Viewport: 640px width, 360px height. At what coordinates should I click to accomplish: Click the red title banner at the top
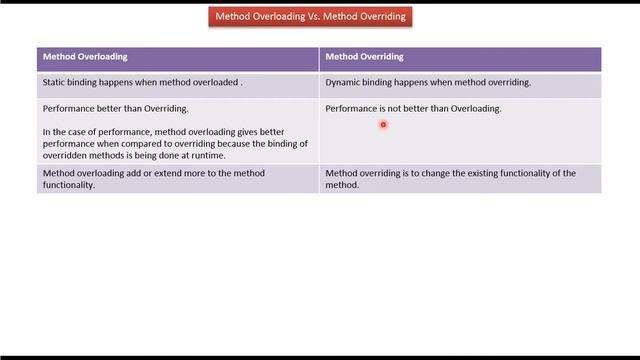click(310, 17)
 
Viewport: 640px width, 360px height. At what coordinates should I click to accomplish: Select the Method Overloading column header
click(85, 57)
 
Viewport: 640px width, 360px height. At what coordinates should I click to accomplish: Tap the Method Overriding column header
click(364, 57)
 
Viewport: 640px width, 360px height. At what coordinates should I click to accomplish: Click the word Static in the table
click(56, 83)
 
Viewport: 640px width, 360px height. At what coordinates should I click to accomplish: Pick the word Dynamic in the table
click(346, 83)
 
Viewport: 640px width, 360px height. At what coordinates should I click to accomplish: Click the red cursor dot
click(383, 125)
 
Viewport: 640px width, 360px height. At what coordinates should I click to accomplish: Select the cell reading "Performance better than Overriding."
click(116, 109)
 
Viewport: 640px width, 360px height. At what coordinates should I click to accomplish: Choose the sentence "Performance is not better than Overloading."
click(413, 109)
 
